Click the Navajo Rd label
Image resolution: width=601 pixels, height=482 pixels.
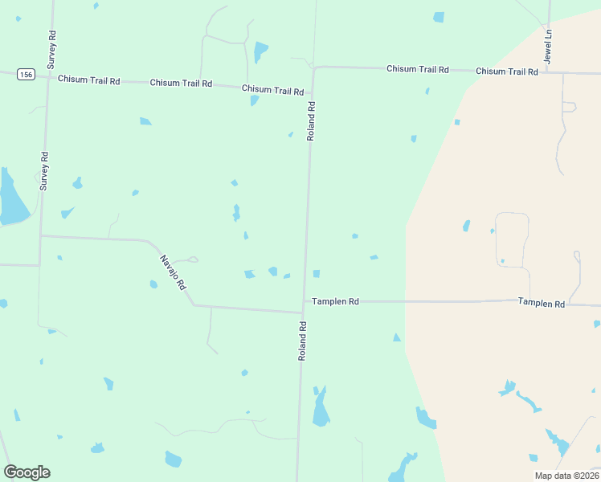coord(173,272)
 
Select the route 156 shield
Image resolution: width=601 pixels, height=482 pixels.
coord(26,75)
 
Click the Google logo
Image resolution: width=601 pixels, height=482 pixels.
coord(27,472)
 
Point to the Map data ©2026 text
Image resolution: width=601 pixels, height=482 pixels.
coord(566,475)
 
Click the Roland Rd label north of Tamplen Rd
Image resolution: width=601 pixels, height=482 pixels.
coord(311,120)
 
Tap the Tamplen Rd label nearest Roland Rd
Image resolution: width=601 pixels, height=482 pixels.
coord(335,301)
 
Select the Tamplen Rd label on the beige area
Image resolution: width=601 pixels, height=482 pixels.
coord(541,303)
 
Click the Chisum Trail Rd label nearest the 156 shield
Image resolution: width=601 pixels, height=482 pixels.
coord(88,80)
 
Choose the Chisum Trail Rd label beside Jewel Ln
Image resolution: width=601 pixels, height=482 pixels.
coord(506,71)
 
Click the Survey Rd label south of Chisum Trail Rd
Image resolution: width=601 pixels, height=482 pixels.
coord(45,170)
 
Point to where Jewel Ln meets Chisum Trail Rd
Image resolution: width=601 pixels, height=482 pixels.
coord(548,72)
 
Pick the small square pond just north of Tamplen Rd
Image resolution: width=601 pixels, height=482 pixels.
coord(317,274)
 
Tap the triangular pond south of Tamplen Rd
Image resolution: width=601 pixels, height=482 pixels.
coord(396,337)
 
